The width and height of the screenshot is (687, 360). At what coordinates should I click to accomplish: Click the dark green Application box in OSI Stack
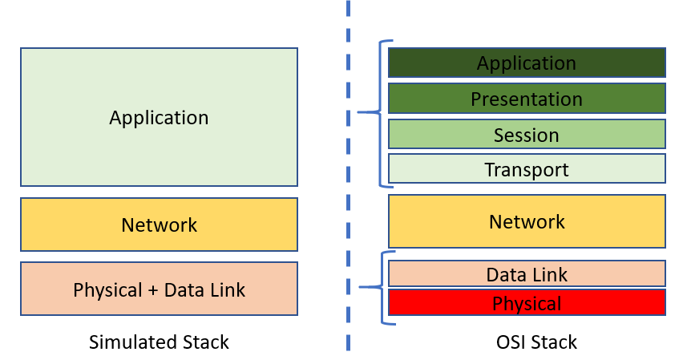pos(527,63)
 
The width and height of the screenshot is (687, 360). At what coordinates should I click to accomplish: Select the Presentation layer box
pos(527,99)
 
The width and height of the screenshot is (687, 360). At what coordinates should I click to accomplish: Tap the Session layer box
pos(527,134)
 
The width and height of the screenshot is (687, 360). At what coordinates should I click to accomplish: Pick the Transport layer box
pos(527,168)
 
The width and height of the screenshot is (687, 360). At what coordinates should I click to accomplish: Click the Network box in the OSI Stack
pos(527,221)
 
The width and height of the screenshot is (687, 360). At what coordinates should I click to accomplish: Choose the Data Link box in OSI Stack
pos(527,273)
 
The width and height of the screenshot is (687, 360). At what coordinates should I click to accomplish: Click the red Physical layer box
pos(527,302)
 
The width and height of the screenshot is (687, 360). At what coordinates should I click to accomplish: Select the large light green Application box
pos(159,117)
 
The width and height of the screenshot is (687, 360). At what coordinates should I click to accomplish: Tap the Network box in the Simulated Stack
pos(159,224)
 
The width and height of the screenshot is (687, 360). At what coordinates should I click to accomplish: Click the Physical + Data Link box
pos(159,289)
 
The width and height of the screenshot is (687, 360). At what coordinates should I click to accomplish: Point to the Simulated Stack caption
pos(159,342)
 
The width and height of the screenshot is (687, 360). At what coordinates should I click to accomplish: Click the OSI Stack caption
pos(536,342)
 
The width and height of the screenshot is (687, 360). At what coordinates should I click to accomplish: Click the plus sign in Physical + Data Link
pos(152,290)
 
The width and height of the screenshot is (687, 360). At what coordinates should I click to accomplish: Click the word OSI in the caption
pos(511,342)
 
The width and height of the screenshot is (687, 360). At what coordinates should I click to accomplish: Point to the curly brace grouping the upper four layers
pos(379,112)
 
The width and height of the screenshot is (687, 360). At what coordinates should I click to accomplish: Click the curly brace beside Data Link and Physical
pos(382,287)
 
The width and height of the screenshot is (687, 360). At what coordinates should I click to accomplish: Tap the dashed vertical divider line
pos(349,175)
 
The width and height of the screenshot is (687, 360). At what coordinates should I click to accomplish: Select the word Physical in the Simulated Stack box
pos(107,290)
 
